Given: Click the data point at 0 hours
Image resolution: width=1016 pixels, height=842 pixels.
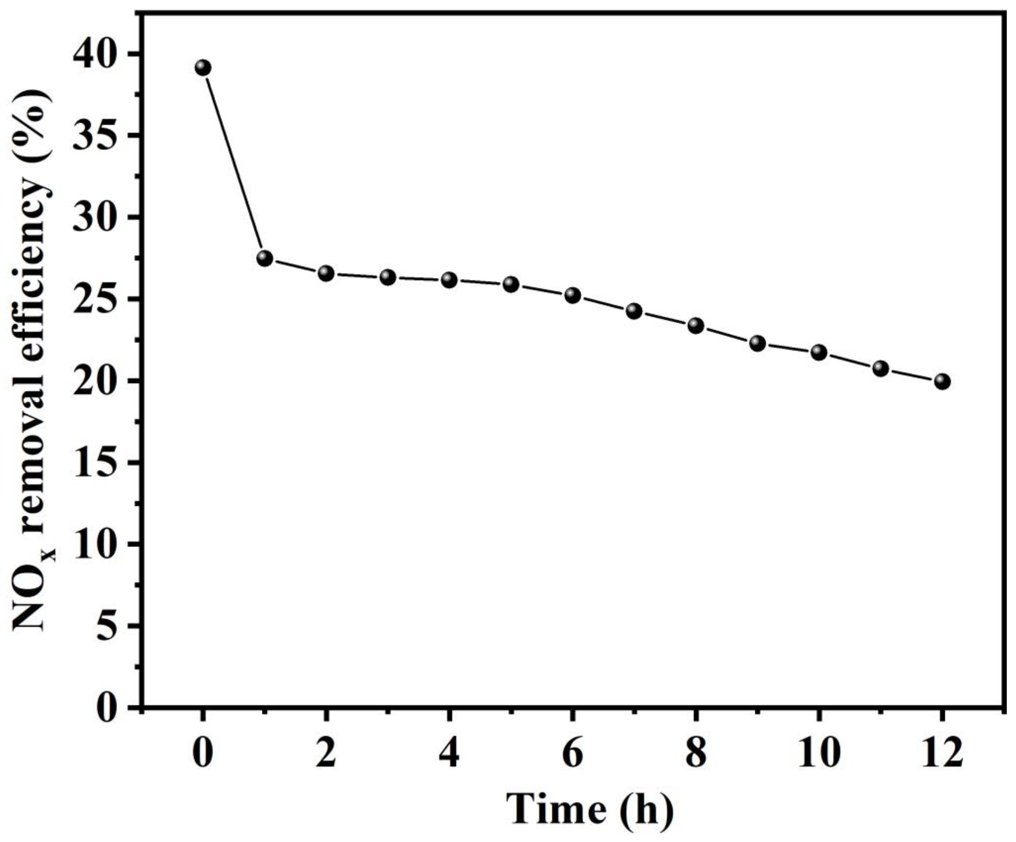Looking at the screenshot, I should click(203, 68).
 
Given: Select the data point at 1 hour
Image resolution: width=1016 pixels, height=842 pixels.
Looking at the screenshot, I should click(265, 258).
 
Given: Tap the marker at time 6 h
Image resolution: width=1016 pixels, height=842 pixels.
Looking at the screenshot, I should click(572, 295).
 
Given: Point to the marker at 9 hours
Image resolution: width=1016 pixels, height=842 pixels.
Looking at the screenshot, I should click(757, 343).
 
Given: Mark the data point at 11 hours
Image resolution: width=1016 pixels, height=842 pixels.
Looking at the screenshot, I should click(880, 369).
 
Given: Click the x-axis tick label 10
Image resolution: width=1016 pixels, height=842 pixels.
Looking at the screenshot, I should click(819, 754).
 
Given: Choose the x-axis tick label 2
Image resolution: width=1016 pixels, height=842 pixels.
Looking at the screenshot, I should click(326, 754).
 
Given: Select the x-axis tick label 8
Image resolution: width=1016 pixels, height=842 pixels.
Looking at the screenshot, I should click(696, 754).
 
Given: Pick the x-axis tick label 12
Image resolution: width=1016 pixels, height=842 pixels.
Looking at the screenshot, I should click(941, 754).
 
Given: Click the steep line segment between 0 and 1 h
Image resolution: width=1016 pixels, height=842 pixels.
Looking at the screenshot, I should click(234, 163).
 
